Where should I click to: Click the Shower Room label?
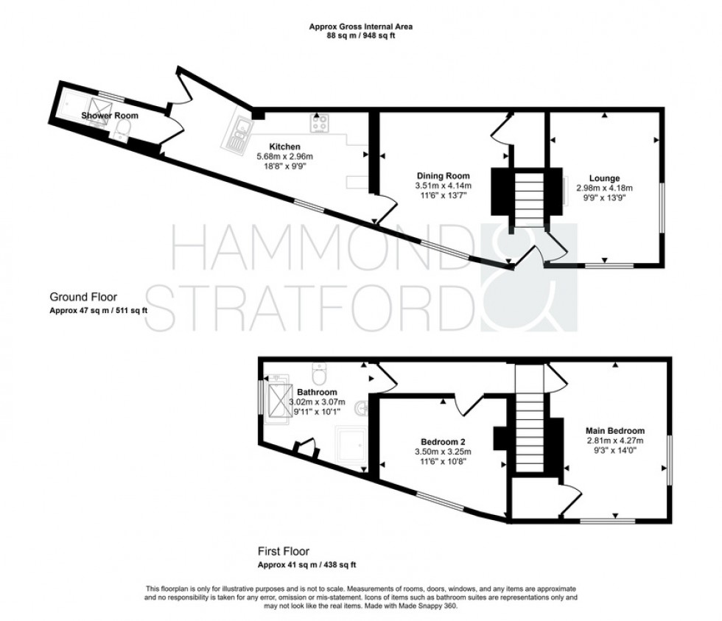point(110,116)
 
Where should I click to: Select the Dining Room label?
point(443,175)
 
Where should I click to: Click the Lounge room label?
point(603,178)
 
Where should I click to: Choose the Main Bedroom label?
point(615,431)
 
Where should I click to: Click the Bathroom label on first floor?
point(317,392)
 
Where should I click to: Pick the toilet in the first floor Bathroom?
point(318,368)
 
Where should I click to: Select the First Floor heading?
point(283,551)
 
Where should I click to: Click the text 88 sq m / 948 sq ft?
point(361,36)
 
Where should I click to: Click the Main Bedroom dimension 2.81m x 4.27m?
point(615,441)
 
